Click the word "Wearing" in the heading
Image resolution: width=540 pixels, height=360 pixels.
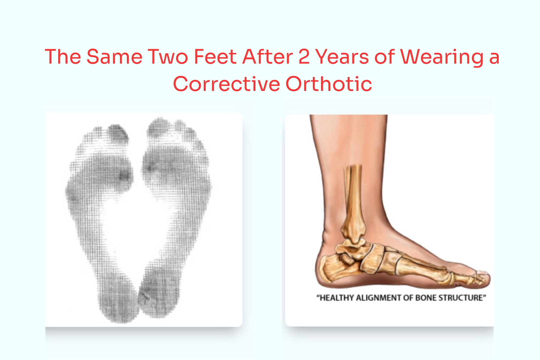click(x=441, y=57)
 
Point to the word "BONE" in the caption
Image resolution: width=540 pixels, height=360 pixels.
click(x=426, y=298)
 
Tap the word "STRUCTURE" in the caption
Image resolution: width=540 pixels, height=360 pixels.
click(x=462, y=298)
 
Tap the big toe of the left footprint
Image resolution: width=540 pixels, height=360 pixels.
click(x=118, y=133)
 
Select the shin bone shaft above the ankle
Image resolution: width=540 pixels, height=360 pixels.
click(x=353, y=192)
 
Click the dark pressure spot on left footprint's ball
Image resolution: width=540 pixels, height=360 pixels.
click(x=124, y=175)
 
